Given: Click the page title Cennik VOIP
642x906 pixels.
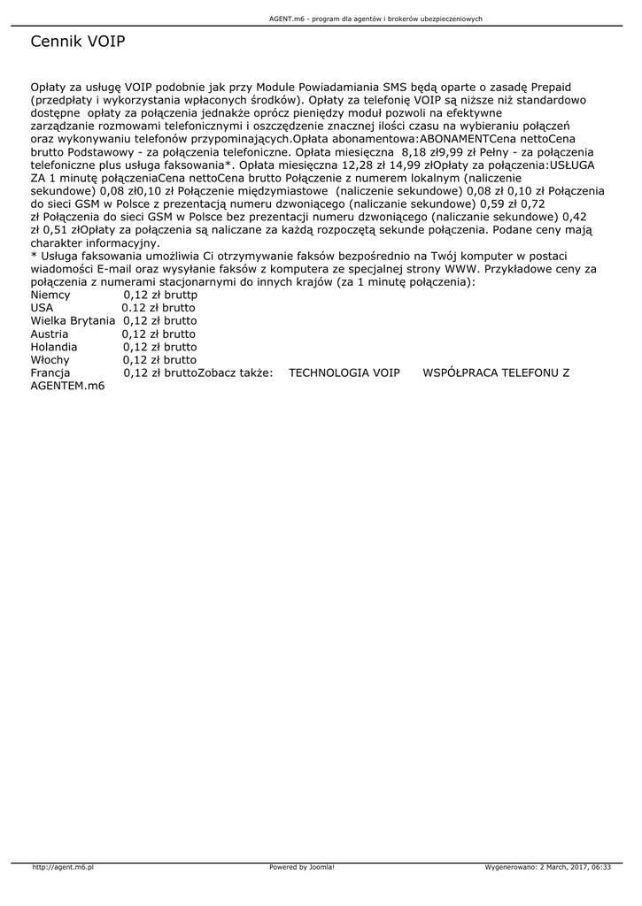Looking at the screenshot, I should click(x=78, y=42).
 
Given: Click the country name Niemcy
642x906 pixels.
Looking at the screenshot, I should click(x=50, y=294).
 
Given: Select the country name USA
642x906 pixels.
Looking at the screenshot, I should click(x=42, y=307).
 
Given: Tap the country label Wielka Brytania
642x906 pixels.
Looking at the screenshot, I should click(x=73, y=320).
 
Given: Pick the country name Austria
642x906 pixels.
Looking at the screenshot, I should click(x=49, y=334).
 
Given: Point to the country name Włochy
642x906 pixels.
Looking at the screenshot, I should click(x=50, y=360).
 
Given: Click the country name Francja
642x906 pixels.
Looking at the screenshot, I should click(x=50, y=373).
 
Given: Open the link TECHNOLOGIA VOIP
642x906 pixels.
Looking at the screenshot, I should click(x=344, y=373).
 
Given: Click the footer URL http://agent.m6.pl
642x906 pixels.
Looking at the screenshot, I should click(x=63, y=867).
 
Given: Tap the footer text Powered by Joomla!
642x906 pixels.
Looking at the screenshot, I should click(x=302, y=867).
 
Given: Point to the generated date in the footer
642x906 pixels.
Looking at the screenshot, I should click(x=548, y=867).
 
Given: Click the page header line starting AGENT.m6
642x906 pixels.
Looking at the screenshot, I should click(x=375, y=19).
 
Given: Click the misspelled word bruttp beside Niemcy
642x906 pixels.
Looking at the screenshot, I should click(x=181, y=294).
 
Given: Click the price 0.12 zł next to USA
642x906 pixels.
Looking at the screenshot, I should click(x=139, y=307).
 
